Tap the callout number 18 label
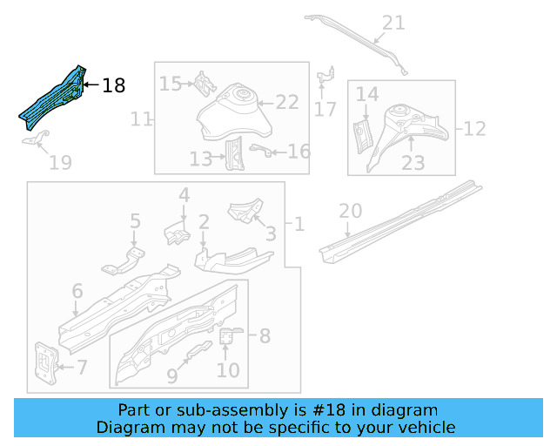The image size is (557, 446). click(114, 85)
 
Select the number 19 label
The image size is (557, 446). click(60, 162)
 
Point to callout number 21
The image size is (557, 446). click(393, 23)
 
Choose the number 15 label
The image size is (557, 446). click(171, 84)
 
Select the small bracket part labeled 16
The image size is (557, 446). click(258, 150)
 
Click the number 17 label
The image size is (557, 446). click(325, 110)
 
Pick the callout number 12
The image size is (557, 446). click(474, 129)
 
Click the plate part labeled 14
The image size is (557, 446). click(360, 135)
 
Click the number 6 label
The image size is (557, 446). click(77, 291)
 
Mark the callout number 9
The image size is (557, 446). click(171, 375)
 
